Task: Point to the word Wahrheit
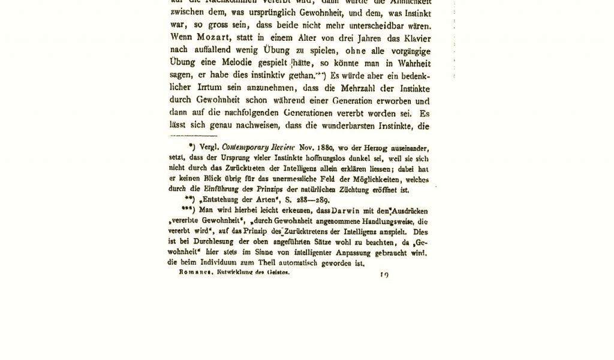pos(412,64)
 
